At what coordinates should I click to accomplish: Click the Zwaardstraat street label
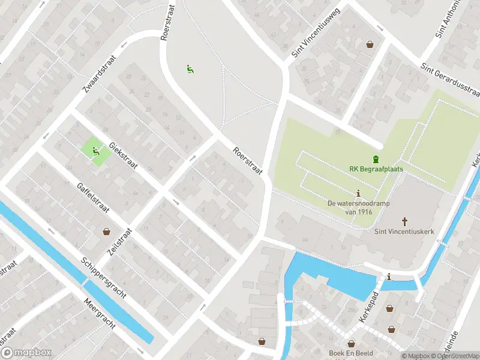(x=98, y=85)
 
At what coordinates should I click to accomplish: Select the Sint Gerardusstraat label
(x=450, y=80)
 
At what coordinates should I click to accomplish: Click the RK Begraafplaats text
(x=376, y=169)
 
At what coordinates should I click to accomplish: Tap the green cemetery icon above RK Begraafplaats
(x=376, y=159)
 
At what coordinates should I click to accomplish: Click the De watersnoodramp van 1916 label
(x=359, y=207)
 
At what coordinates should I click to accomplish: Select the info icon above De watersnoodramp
(x=359, y=193)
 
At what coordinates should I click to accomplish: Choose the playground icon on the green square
(x=95, y=152)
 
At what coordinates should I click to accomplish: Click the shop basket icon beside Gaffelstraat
(x=107, y=231)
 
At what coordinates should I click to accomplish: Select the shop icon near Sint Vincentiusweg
(x=370, y=43)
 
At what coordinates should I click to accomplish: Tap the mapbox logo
(x=26, y=353)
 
